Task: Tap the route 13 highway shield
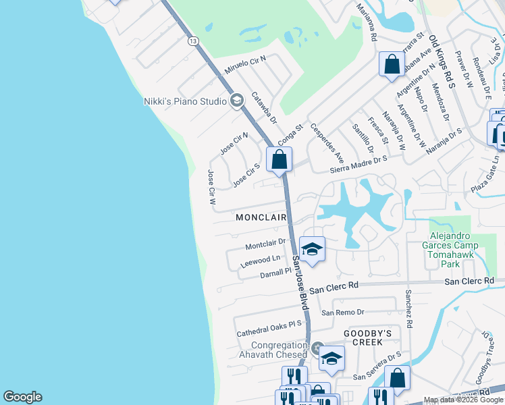pos(194,41)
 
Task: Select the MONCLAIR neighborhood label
pos(261,218)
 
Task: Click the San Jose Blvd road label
pos(300,283)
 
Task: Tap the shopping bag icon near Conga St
pos(279,161)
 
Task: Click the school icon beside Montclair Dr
pos(312,250)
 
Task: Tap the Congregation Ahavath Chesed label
pos(269,350)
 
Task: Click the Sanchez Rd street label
pos(409,308)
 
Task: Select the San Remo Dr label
pos(342,313)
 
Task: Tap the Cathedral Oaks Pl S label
pos(269,329)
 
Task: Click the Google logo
pos(22,397)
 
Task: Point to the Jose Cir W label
pos(211,188)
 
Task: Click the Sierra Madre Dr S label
pos(358,162)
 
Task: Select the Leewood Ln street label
pos(260,261)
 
